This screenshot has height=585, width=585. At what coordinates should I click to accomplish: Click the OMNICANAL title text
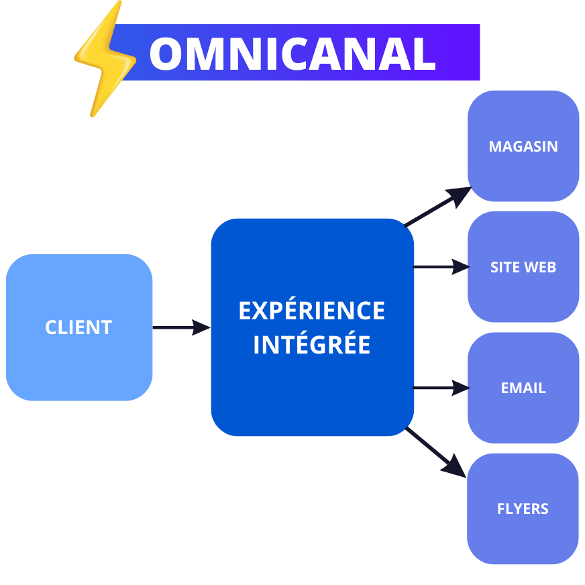click(292, 53)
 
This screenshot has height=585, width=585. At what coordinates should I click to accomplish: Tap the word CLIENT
click(78, 327)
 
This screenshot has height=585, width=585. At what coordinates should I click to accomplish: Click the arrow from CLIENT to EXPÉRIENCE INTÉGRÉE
click(181, 327)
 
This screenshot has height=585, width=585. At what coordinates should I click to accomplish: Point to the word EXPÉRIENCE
click(312, 311)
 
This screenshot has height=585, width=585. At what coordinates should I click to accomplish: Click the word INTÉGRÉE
click(312, 344)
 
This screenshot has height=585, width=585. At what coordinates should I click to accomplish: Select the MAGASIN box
click(523, 174)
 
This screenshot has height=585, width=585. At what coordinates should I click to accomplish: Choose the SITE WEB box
click(523, 295)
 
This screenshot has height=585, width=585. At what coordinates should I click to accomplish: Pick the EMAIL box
click(523, 416)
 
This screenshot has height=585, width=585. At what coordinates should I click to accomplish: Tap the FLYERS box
click(523, 537)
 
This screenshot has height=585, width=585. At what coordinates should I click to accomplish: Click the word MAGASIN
click(523, 146)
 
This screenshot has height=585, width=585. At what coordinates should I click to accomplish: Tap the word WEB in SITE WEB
click(540, 267)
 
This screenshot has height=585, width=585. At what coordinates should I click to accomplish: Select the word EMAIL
click(523, 388)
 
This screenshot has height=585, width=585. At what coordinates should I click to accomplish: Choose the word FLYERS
click(523, 509)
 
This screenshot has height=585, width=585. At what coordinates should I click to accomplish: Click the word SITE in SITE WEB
click(505, 267)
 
